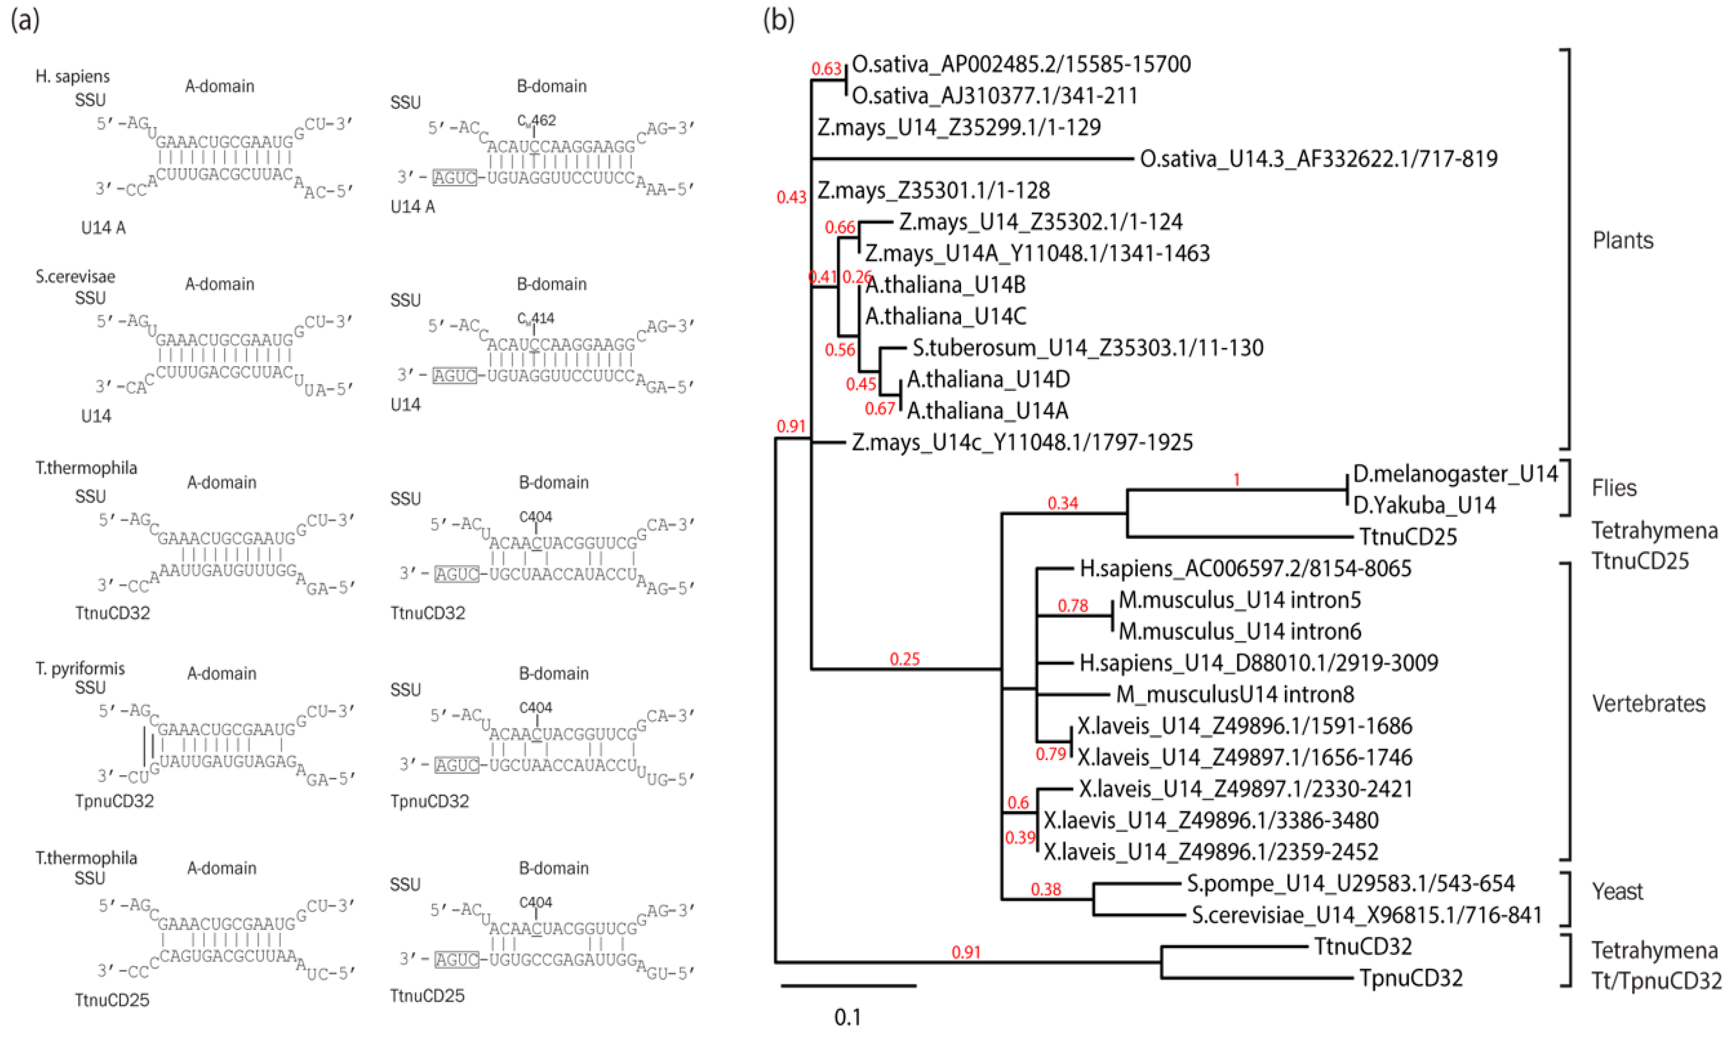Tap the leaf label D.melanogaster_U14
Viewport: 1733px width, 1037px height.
[x=1455, y=474]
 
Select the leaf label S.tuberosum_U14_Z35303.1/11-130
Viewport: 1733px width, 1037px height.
[x=1087, y=347]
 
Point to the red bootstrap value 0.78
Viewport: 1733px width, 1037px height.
[x=1073, y=605]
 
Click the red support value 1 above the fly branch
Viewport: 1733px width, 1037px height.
[x=1236, y=479]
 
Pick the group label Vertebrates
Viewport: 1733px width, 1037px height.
[x=1648, y=703]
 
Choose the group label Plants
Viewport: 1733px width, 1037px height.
[x=1623, y=241]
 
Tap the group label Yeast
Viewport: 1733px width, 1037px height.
[x=1617, y=891]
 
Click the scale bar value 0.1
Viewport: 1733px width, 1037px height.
[x=848, y=1017]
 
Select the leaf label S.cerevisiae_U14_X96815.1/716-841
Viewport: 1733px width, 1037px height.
[x=1366, y=915]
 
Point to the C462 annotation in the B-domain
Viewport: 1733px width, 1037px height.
[x=537, y=120]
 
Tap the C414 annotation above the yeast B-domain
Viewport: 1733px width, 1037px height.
[x=536, y=319]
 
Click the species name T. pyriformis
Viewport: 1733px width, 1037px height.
[x=81, y=668]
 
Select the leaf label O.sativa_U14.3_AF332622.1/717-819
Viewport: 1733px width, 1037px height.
[x=1319, y=159]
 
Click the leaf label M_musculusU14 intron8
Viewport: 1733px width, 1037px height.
[x=1235, y=694]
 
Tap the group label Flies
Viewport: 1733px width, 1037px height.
[x=1614, y=488]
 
